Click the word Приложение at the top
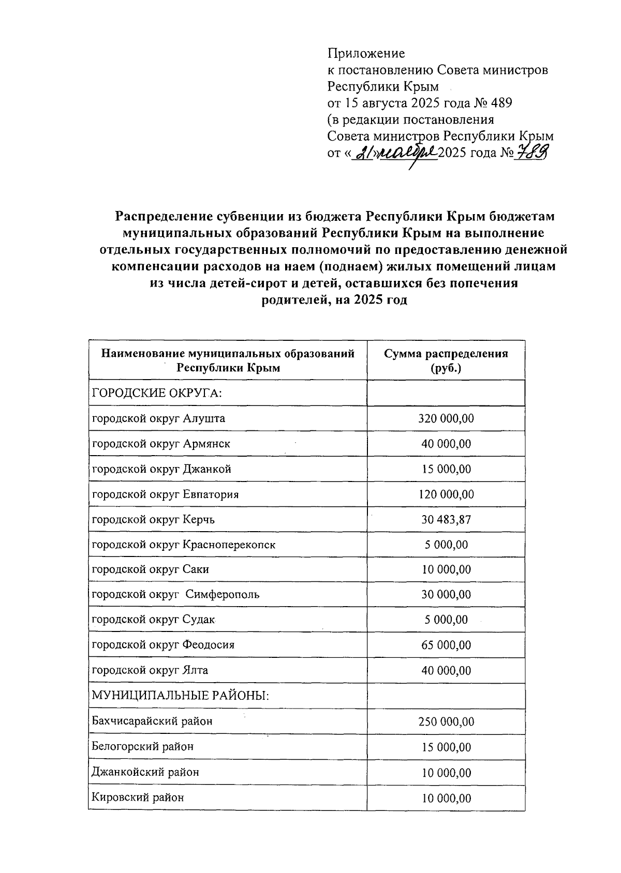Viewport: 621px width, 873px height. (366, 53)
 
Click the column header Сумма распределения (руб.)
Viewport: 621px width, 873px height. (446, 360)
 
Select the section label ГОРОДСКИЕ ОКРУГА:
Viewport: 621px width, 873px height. (157, 393)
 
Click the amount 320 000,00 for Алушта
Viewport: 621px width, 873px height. (446, 418)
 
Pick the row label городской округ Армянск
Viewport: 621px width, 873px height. (161, 444)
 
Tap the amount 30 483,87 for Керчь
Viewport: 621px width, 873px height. (446, 519)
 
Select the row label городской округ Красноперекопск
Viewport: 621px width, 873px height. (184, 545)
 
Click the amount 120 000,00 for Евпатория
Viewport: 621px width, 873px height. (446, 494)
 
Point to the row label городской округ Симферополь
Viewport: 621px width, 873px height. (175, 595)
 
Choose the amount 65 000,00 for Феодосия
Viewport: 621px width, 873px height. (446, 645)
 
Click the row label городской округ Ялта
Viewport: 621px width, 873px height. (150, 671)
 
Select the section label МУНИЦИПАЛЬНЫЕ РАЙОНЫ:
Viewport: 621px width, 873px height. (181, 696)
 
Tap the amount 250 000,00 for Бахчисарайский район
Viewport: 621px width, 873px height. (446, 721)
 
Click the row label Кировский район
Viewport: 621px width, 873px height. (138, 797)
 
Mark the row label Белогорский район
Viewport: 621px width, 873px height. (142, 747)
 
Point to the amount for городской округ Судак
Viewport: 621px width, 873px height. (446, 620)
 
